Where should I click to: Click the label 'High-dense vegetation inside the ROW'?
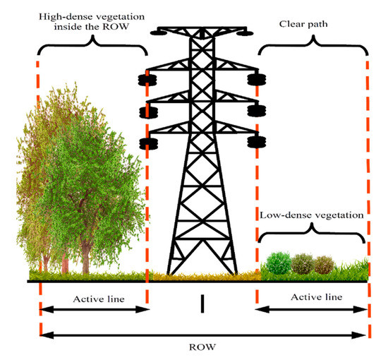(x=87, y=20)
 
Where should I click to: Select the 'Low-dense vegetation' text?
(x=310, y=214)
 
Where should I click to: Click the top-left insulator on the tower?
(x=148, y=78)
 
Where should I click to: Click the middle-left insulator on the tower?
(x=148, y=110)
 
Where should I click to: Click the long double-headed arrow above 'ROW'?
(x=203, y=335)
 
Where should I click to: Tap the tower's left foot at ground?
(x=170, y=272)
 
